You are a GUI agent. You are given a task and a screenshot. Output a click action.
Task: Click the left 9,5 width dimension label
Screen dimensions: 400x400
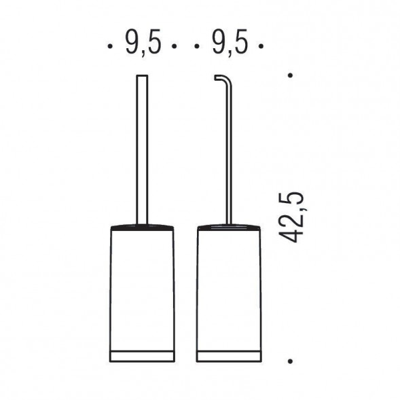[x=143, y=42]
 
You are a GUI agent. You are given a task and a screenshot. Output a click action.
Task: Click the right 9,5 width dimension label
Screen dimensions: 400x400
[x=230, y=42]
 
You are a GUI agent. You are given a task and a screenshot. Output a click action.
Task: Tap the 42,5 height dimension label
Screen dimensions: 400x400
[x=292, y=217]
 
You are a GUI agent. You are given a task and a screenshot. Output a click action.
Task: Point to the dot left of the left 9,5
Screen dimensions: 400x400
[x=110, y=46]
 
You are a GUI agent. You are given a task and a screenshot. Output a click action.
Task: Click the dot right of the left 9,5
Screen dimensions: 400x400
[x=175, y=46]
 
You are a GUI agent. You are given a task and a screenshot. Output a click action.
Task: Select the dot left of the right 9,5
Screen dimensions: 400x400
[x=197, y=46]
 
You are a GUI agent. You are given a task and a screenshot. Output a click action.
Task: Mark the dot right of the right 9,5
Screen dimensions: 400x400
[x=261, y=46]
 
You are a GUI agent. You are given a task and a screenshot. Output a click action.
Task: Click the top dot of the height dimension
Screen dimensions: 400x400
[x=290, y=75]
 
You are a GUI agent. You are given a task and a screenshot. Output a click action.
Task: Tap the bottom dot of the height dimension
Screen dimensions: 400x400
[x=290, y=361]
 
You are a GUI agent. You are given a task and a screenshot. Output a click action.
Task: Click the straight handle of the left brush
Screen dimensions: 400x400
[x=142, y=149]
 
